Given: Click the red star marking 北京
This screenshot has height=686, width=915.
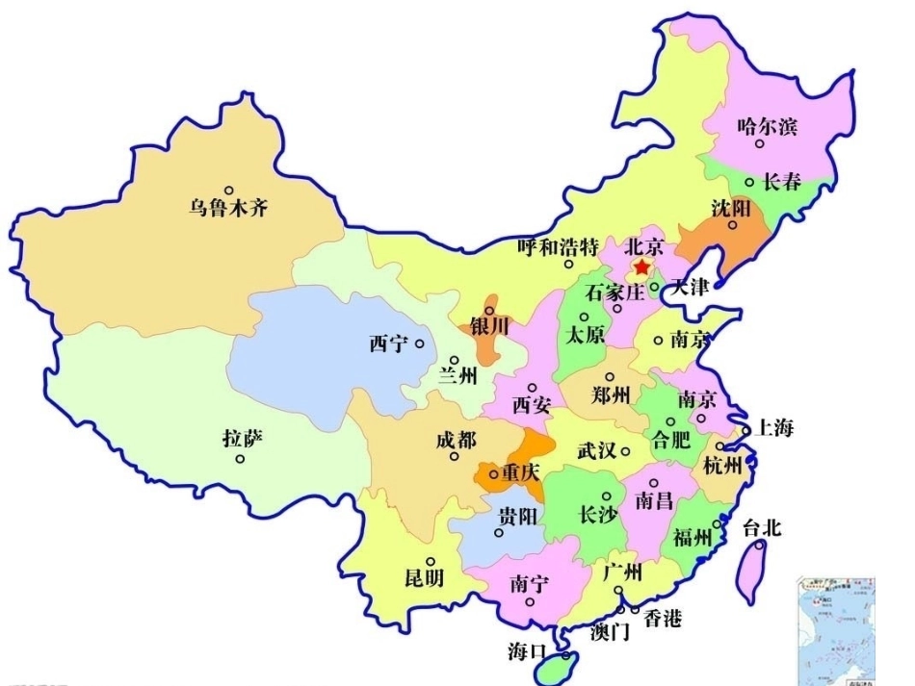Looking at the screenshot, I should click(641, 268).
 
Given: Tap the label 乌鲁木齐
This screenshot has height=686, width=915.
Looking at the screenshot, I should click(227, 208).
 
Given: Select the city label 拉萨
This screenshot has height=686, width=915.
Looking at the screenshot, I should click(242, 440).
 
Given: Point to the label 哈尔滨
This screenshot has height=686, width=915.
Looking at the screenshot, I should click(768, 126).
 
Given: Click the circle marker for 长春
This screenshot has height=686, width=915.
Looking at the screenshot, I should click(749, 182).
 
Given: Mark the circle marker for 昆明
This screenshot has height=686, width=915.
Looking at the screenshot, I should click(431, 562).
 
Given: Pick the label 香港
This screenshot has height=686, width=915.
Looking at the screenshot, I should click(663, 619).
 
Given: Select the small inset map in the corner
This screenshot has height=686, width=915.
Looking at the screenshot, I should click(836, 630).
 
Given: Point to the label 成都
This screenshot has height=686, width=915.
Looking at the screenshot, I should click(456, 441).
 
